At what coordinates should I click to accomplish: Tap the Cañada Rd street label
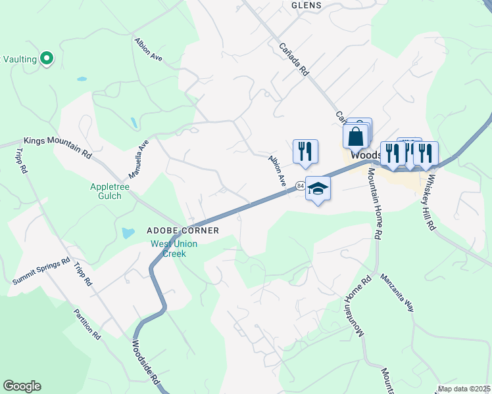tap(294, 60)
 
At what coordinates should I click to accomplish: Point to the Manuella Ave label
tap(139, 159)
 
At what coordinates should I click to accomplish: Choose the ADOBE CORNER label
tap(182, 230)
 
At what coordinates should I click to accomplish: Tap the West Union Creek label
tap(174, 249)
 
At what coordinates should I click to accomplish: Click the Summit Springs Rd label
tap(41, 271)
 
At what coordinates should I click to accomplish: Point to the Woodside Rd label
tap(146, 362)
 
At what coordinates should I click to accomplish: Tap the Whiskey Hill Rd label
tap(430, 201)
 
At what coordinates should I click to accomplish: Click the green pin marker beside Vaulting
tap(46, 58)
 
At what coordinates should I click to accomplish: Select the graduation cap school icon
tap(318, 188)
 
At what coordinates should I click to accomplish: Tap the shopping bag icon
tap(355, 137)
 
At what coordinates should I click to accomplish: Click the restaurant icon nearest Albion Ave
tap(305, 151)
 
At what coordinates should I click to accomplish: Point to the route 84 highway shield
tap(300, 186)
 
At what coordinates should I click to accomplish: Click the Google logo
tap(22, 386)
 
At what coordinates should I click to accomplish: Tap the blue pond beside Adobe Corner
tap(128, 233)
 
